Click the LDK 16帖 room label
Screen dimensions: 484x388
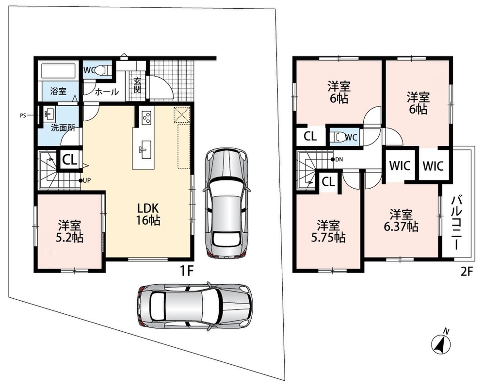tap(148, 214)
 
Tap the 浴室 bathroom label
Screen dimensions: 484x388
tap(58, 91)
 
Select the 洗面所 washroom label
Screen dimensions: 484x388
tap(63, 128)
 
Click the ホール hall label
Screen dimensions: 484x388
tap(107, 92)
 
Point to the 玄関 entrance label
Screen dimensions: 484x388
tap(137, 85)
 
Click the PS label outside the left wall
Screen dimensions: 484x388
tap(23, 116)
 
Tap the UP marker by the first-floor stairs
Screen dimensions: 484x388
tap(85, 180)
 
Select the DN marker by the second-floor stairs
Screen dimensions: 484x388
tap(337, 160)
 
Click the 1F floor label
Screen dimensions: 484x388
tap(187, 271)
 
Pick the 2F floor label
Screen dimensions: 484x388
tap(467, 271)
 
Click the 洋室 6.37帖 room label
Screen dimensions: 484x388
tap(401, 221)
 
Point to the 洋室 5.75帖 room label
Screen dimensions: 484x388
tap(328, 231)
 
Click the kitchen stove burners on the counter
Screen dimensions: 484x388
tap(146, 117)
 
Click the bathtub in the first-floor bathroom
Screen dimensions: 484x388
tap(59, 71)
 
